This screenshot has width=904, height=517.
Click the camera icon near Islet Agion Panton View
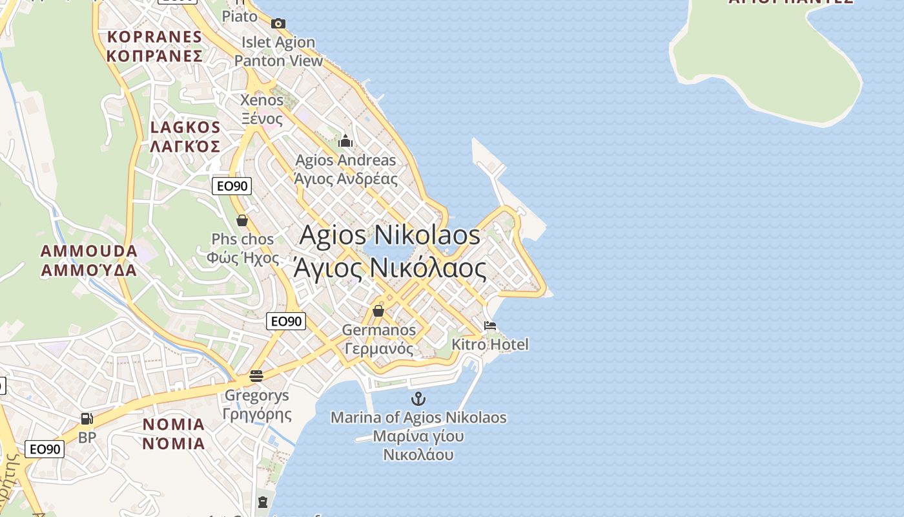pos(278,24)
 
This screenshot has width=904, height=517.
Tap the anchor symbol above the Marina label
pos(418,399)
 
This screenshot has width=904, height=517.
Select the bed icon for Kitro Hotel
pos(490,325)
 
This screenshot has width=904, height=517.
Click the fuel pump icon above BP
pos(87,419)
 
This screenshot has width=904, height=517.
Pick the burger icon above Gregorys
pos(256,375)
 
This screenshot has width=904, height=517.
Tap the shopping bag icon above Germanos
pos(378,311)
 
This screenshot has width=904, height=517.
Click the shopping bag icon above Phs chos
pos(242,220)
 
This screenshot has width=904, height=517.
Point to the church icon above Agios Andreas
pos(345,141)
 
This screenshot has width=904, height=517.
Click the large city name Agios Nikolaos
pos(390,235)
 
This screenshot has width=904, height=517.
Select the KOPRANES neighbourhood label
pos(155,36)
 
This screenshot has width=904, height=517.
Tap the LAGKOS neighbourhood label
pos(185,127)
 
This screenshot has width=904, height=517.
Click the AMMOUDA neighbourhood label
pos(89,251)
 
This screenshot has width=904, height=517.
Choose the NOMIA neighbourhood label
pos(173,425)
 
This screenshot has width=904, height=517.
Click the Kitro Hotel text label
pos(489,344)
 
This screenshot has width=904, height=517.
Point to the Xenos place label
pos(262,100)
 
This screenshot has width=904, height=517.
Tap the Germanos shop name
pos(378,330)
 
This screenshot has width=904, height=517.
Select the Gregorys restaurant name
pos(256,395)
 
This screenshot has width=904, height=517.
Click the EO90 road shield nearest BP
pos(45,448)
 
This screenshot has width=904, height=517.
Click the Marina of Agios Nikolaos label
pos(418,418)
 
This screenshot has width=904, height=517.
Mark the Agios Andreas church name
pos(345,160)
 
